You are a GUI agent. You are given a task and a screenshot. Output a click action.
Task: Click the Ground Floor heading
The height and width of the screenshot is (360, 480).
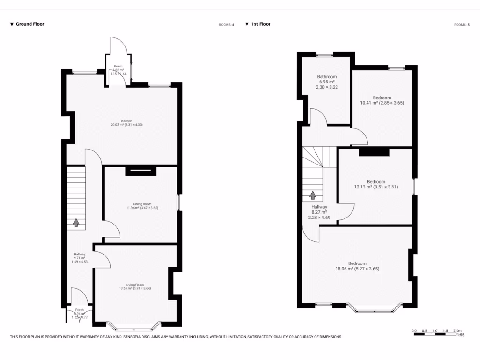click(30, 24)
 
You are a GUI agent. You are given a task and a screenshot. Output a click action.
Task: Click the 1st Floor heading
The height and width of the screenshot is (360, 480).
click(261, 24)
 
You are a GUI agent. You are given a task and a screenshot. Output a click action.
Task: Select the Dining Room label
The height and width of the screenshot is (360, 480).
click(142, 204)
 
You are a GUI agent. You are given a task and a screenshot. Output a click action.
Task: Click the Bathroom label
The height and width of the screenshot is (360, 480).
click(327, 77)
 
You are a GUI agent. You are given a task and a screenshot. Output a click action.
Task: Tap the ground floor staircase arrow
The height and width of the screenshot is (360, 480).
click(76, 223)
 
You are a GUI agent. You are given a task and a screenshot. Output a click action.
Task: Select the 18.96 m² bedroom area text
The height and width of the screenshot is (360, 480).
click(357, 269)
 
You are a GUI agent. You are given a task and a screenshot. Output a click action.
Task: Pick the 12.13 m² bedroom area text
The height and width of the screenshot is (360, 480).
click(376, 187)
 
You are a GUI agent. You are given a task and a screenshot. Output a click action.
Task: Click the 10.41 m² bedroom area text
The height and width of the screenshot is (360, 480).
click(382, 103)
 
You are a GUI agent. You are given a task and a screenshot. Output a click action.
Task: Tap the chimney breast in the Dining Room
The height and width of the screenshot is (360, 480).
click(140, 172)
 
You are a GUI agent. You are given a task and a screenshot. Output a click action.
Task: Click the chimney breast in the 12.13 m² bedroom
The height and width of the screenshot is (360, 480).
click(374, 152)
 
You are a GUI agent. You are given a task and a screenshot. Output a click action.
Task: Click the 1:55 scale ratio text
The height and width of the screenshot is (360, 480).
click(460, 335)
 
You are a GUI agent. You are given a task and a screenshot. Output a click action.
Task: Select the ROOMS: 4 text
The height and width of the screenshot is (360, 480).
click(226, 24)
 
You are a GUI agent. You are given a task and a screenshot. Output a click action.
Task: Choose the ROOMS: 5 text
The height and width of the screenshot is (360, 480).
click(462, 24)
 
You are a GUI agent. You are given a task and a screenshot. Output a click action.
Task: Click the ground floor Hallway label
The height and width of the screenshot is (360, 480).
click(79, 254)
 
